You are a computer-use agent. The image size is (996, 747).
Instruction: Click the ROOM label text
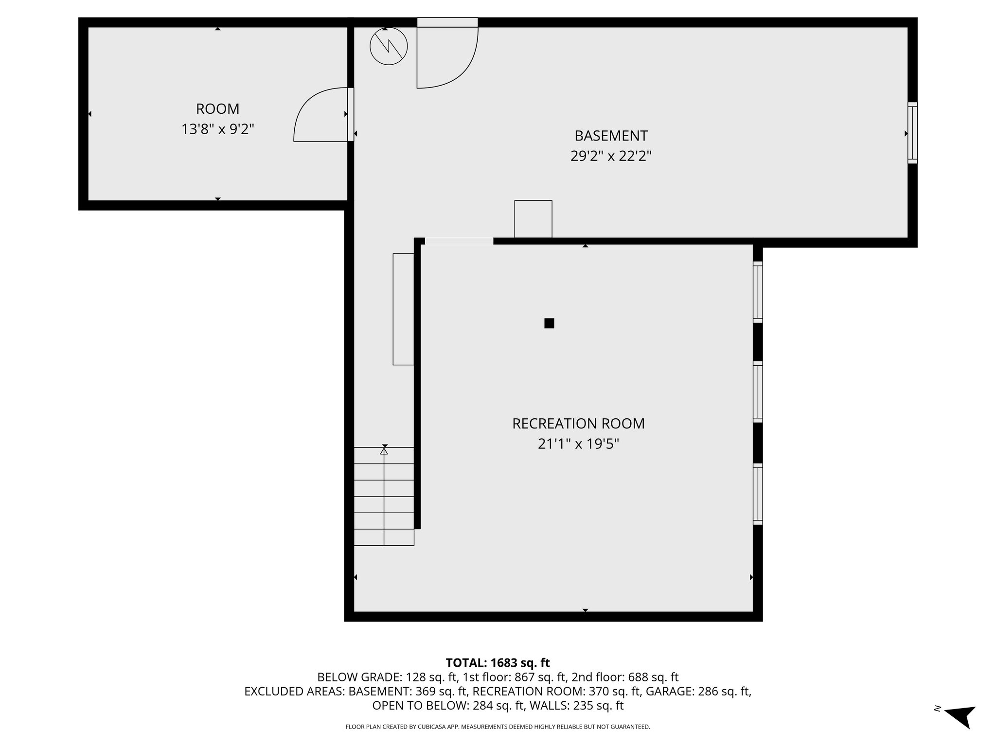coord(217,108)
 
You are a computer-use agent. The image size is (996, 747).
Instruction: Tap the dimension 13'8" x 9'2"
coord(217,129)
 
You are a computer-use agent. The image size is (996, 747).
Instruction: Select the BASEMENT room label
coord(611,135)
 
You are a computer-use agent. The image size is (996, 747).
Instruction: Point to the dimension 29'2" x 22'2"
coord(611,156)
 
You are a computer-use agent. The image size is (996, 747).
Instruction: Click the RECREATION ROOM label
coord(578,424)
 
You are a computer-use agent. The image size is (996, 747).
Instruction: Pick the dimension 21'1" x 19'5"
coord(578,445)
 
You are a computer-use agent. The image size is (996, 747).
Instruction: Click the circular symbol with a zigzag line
coord(388,47)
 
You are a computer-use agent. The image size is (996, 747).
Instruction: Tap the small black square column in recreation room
coord(549,323)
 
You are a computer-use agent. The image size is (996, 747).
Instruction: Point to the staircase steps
coord(384,496)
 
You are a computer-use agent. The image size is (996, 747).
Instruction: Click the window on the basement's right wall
coord(912,133)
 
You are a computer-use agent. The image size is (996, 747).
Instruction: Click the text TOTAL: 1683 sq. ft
coord(498,663)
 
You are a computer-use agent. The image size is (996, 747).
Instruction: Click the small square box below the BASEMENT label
coord(533,219)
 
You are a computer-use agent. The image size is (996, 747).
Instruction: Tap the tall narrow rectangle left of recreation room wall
coord(403,309)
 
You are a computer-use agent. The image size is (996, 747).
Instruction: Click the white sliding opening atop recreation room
coord(459,241)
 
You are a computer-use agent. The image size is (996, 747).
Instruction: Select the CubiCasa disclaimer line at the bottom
coord(498,727)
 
